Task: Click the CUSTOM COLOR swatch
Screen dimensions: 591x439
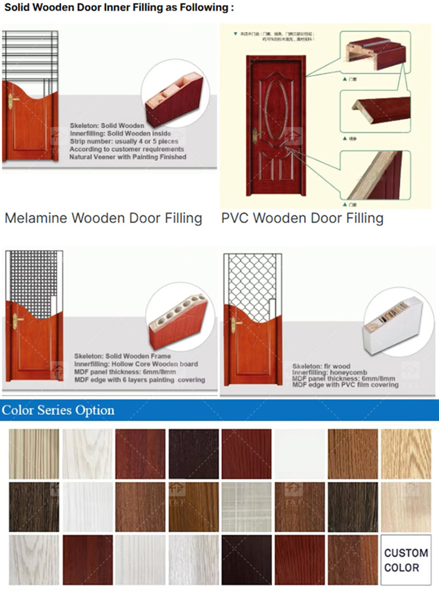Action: click(x=406, y=560)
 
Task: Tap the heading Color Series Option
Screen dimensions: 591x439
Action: click(x=58, y=410)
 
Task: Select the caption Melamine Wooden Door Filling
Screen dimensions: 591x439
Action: click(x=103, y=218)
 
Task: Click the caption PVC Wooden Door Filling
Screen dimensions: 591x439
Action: click(x=302, y=218)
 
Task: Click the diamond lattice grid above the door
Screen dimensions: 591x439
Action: click(x=250, y=280)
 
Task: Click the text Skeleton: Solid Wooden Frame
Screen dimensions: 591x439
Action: click(x=122, y=356)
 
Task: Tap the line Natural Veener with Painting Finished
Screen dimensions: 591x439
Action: click(x=128, y=157)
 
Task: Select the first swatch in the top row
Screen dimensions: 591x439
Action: click(x=34, y=453)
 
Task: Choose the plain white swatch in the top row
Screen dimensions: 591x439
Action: click(x=300, y=453)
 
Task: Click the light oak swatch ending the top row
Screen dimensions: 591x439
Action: click(x=406, y=453)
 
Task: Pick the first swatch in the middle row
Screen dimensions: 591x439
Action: click(x=34, y=506)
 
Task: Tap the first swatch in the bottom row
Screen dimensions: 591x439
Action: click(x=34, y=560)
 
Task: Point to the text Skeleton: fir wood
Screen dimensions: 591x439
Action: click(x=321, y=366)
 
